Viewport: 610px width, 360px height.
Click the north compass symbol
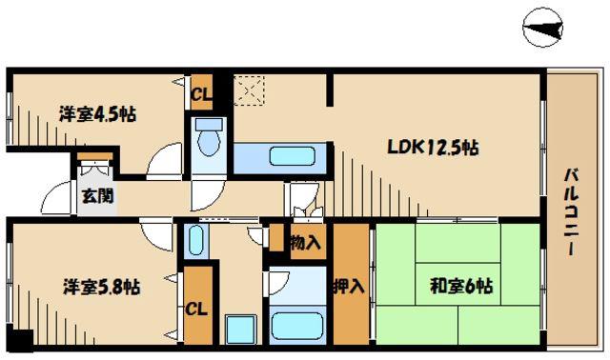click(542, 28)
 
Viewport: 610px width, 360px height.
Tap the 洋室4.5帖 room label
click(97, 114)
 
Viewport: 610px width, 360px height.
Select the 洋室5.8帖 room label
click(102, 288)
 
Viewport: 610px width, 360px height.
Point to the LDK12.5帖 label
click(433, 147)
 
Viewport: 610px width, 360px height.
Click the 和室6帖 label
click(461, 286)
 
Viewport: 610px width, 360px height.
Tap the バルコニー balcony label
click(571, 211)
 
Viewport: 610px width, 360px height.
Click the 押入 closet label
click(349, 287)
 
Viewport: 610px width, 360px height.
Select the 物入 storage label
click(306, 243)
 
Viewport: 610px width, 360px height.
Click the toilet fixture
click(209, 137)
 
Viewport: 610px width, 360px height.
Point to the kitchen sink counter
click(280, 157)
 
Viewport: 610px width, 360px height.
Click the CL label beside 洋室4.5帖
click(202, 94)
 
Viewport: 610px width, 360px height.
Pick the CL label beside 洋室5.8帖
click(196, 310)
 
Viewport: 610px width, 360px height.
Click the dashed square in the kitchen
click(249, 90)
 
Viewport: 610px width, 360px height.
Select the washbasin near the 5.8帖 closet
click(195, 241)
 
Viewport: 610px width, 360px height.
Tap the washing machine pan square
click(241, 330)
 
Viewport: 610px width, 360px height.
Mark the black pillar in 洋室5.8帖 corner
click(20, 339)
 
